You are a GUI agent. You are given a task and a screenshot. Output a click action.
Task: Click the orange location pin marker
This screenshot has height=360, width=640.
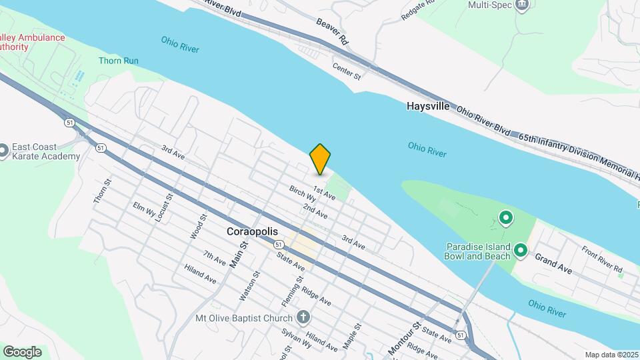point(321,159)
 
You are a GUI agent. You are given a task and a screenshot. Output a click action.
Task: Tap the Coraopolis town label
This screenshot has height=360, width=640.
point(253,233)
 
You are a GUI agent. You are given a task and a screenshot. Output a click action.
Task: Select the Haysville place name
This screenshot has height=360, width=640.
point(427,106)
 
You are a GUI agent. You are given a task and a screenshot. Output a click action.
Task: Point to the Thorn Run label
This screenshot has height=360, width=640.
point(119,61)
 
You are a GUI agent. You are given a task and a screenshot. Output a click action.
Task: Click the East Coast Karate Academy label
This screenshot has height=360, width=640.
point(45,152)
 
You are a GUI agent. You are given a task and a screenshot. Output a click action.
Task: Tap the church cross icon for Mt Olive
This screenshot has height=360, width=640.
point(303,318)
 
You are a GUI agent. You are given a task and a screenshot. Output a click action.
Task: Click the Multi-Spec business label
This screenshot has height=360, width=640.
point(490,5)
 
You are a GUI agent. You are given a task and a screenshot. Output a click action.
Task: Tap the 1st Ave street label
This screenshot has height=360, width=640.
point(324,192)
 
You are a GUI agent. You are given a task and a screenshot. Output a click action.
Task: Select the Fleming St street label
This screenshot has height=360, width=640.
point(288,293)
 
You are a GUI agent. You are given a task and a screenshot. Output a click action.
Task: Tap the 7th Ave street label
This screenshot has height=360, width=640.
point(215,259)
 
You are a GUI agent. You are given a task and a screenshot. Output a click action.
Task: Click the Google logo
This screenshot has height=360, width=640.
point(22,352)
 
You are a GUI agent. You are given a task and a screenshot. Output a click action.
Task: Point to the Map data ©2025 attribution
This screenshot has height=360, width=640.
point(611,355)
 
